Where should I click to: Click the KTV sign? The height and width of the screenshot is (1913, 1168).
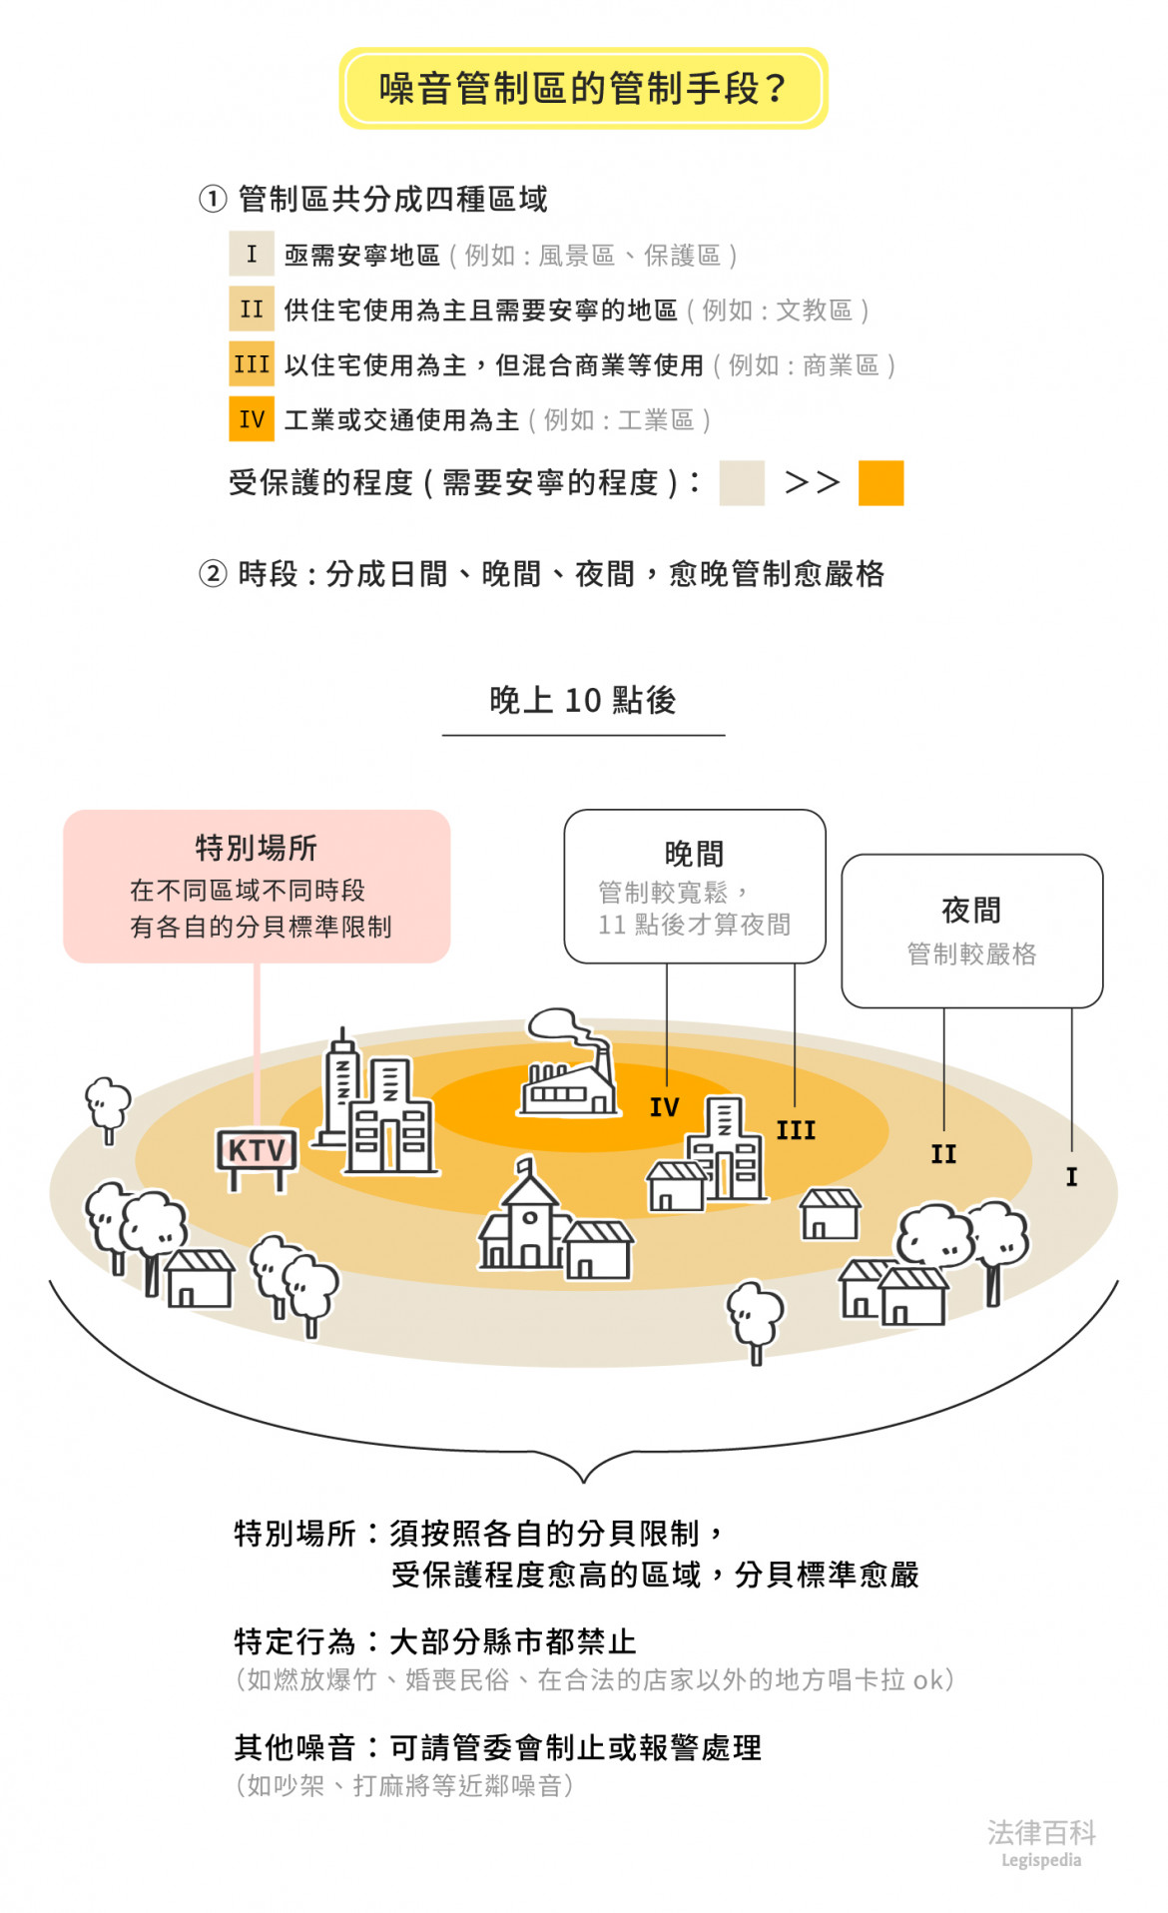[257, 1151]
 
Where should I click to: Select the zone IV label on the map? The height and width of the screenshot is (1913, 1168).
[664, 1107]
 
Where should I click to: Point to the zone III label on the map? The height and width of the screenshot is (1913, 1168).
[796, 1130]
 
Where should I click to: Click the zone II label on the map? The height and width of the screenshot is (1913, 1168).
[943, 1154]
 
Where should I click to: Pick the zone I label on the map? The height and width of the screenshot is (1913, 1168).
[1071, 1177]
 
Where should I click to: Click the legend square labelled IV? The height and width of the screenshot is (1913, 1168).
[252, 419]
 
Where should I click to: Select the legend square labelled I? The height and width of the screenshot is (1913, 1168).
[252, 255]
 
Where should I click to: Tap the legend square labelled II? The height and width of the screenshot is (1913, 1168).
[252, 310]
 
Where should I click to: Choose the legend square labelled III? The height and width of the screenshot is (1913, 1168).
[252, 364]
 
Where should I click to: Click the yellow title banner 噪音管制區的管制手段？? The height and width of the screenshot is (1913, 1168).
[583, 89]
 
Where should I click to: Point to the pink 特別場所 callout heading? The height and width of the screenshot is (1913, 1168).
[257, 848]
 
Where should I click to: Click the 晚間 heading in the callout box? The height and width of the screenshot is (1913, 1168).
[694, 854]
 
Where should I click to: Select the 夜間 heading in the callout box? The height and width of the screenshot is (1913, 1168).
[971, 910]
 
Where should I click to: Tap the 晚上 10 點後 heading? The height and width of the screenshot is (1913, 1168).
[583, 701]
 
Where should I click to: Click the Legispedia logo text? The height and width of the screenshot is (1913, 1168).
[1041, 1860]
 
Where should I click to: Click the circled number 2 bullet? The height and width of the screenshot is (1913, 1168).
[213, 574]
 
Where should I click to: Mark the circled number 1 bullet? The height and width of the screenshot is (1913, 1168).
[213, 200]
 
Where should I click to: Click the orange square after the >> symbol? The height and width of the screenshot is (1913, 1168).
[880, 483]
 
